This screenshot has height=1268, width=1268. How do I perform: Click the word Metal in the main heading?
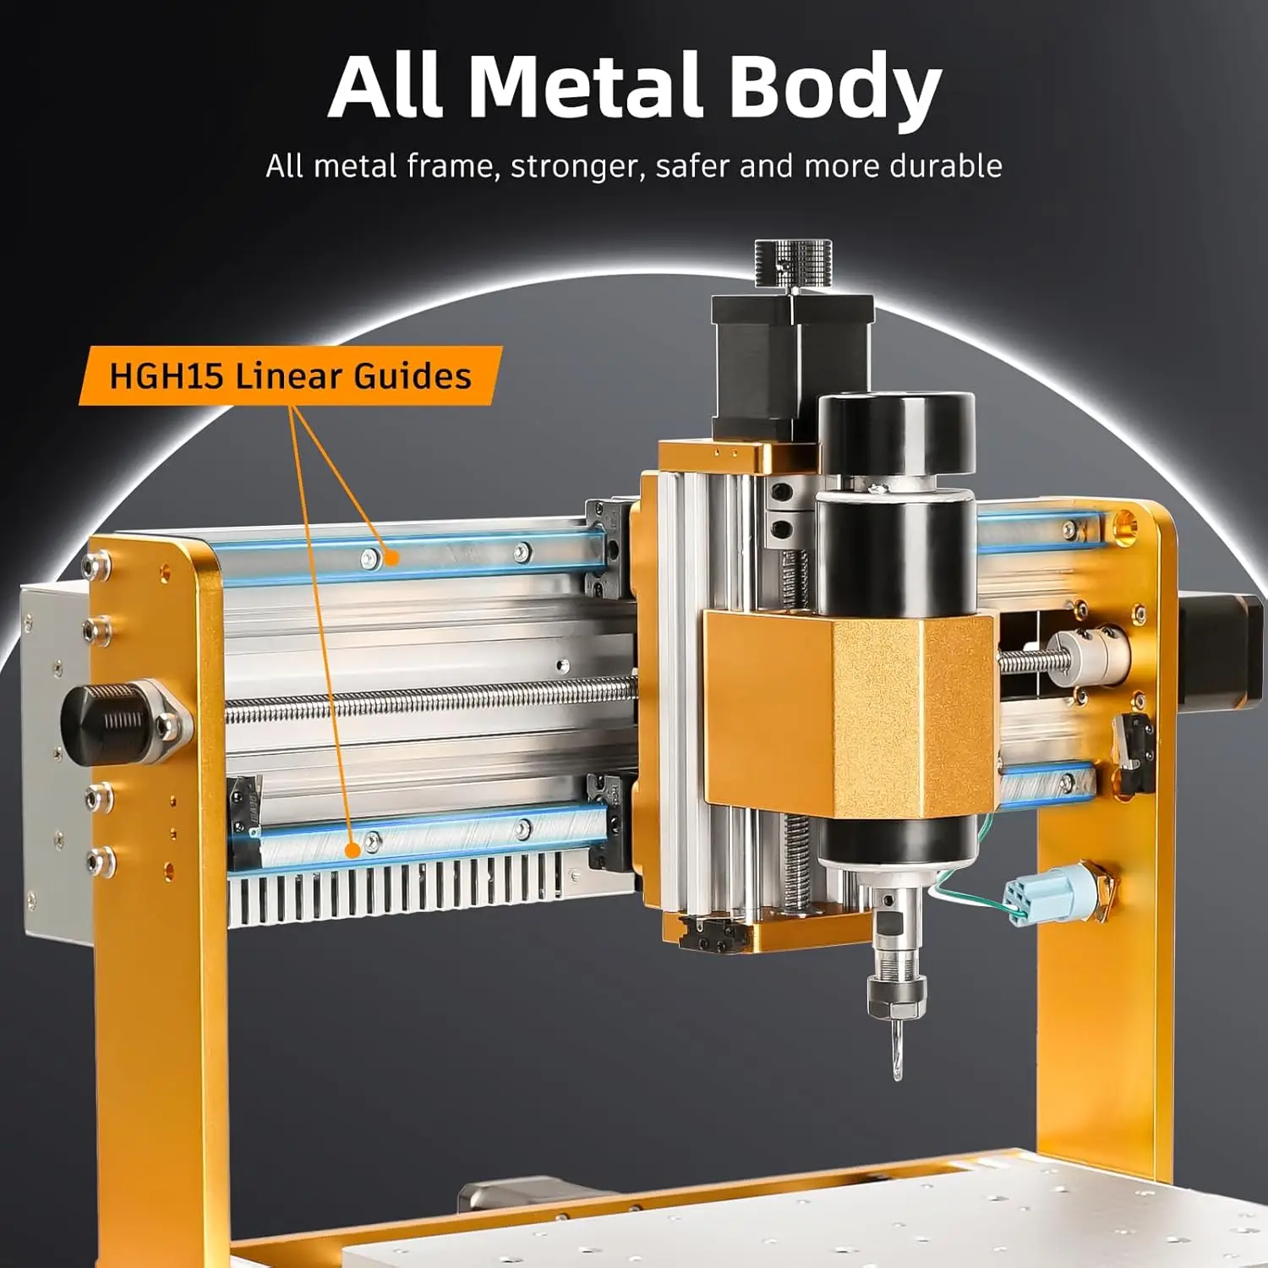click(x=585, y=86)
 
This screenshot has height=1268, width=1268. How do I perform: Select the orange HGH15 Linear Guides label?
click(x=290, y=375)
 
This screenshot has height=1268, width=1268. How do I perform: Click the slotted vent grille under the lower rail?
click(x=397, y=892)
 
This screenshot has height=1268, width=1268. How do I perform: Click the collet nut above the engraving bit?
click(x=897, y=993)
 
